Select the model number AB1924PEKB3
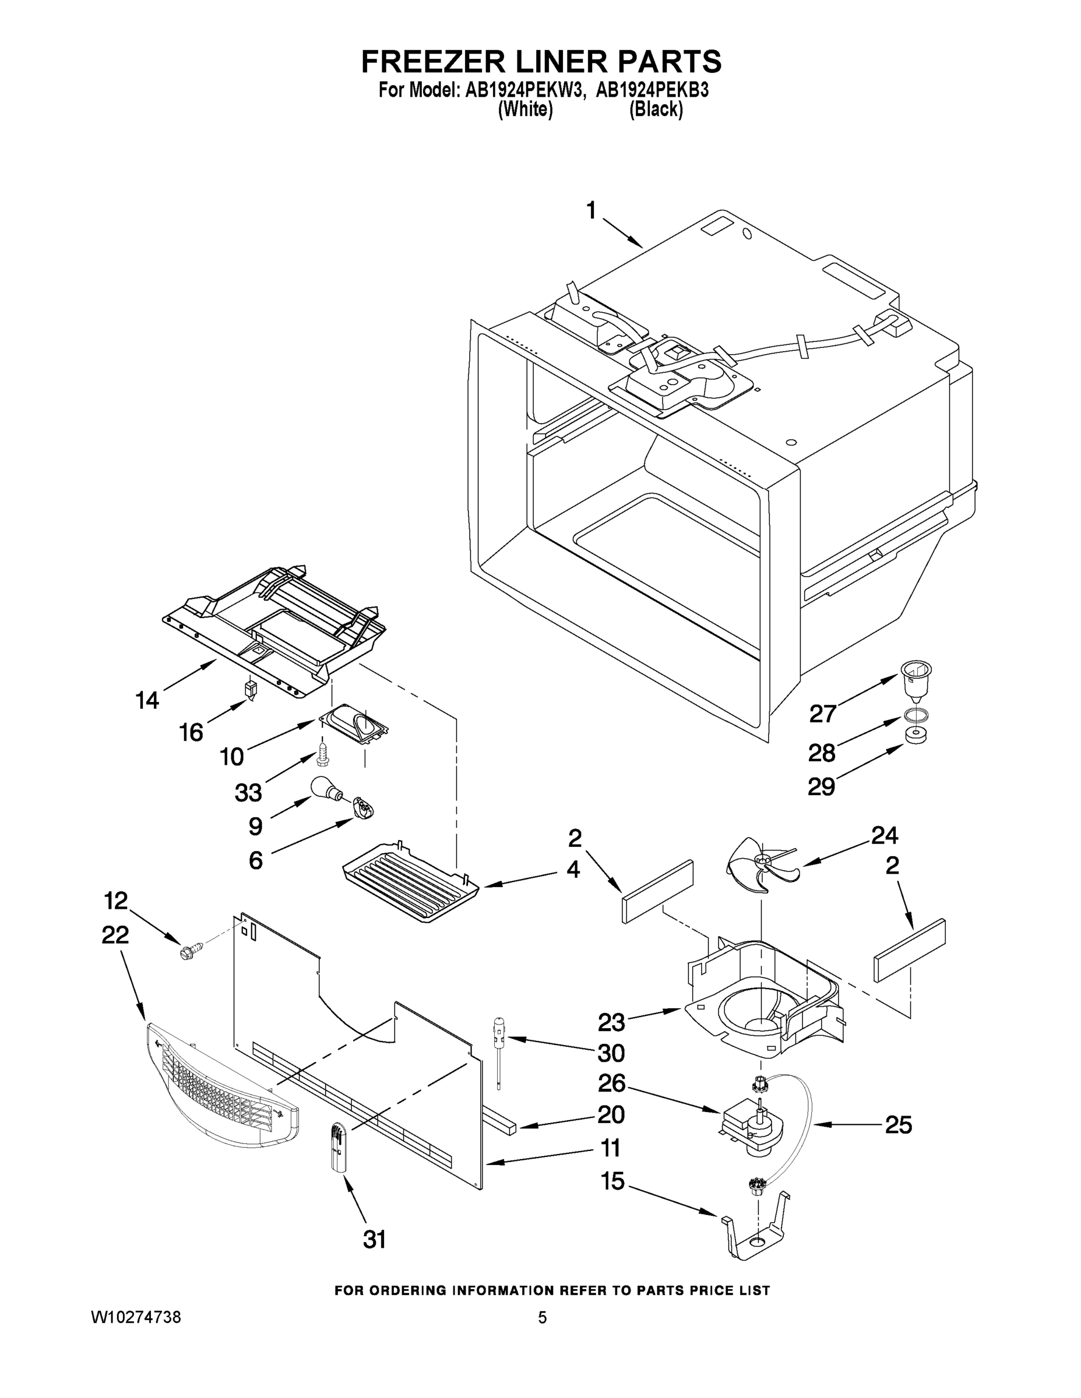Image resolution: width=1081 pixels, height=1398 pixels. (653, 90)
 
